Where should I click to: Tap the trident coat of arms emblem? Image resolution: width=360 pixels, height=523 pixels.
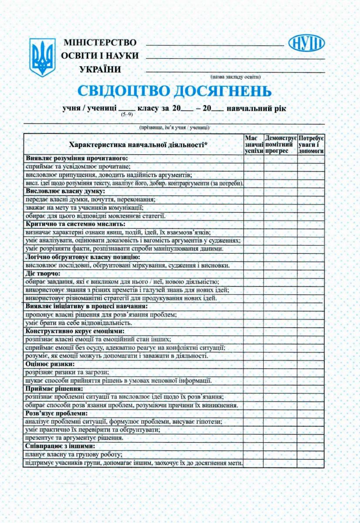42,57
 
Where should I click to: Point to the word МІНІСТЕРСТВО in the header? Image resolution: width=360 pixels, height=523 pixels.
100,43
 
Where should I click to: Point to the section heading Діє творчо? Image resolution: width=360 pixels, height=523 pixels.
43,274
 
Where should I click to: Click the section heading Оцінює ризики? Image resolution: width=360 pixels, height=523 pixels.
50,364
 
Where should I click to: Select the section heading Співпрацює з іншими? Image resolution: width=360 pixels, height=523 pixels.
60,446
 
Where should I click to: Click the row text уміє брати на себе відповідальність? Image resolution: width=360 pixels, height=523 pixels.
78,323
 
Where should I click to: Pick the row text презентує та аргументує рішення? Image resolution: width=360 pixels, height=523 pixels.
74,438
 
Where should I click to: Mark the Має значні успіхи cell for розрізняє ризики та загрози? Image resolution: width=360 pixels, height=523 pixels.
254,372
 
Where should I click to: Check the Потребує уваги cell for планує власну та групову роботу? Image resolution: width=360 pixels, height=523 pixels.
311,454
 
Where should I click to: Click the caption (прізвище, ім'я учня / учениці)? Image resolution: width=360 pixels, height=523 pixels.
175,128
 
